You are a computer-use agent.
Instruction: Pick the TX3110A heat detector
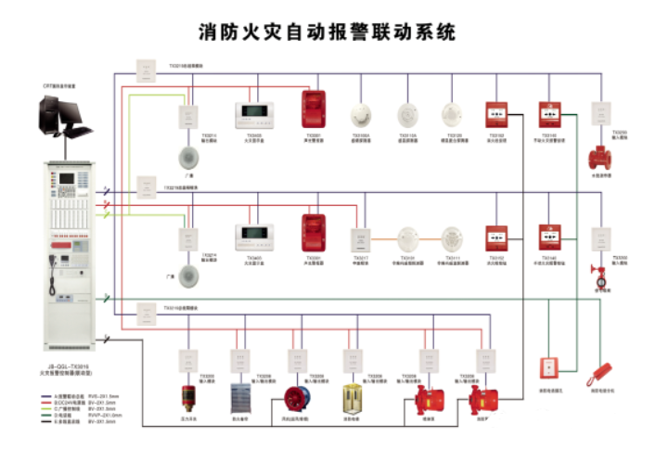[x=407, y=115]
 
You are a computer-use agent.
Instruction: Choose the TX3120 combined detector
[x=452, y=115]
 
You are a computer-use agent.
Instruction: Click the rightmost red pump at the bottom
[x=483, y=401]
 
